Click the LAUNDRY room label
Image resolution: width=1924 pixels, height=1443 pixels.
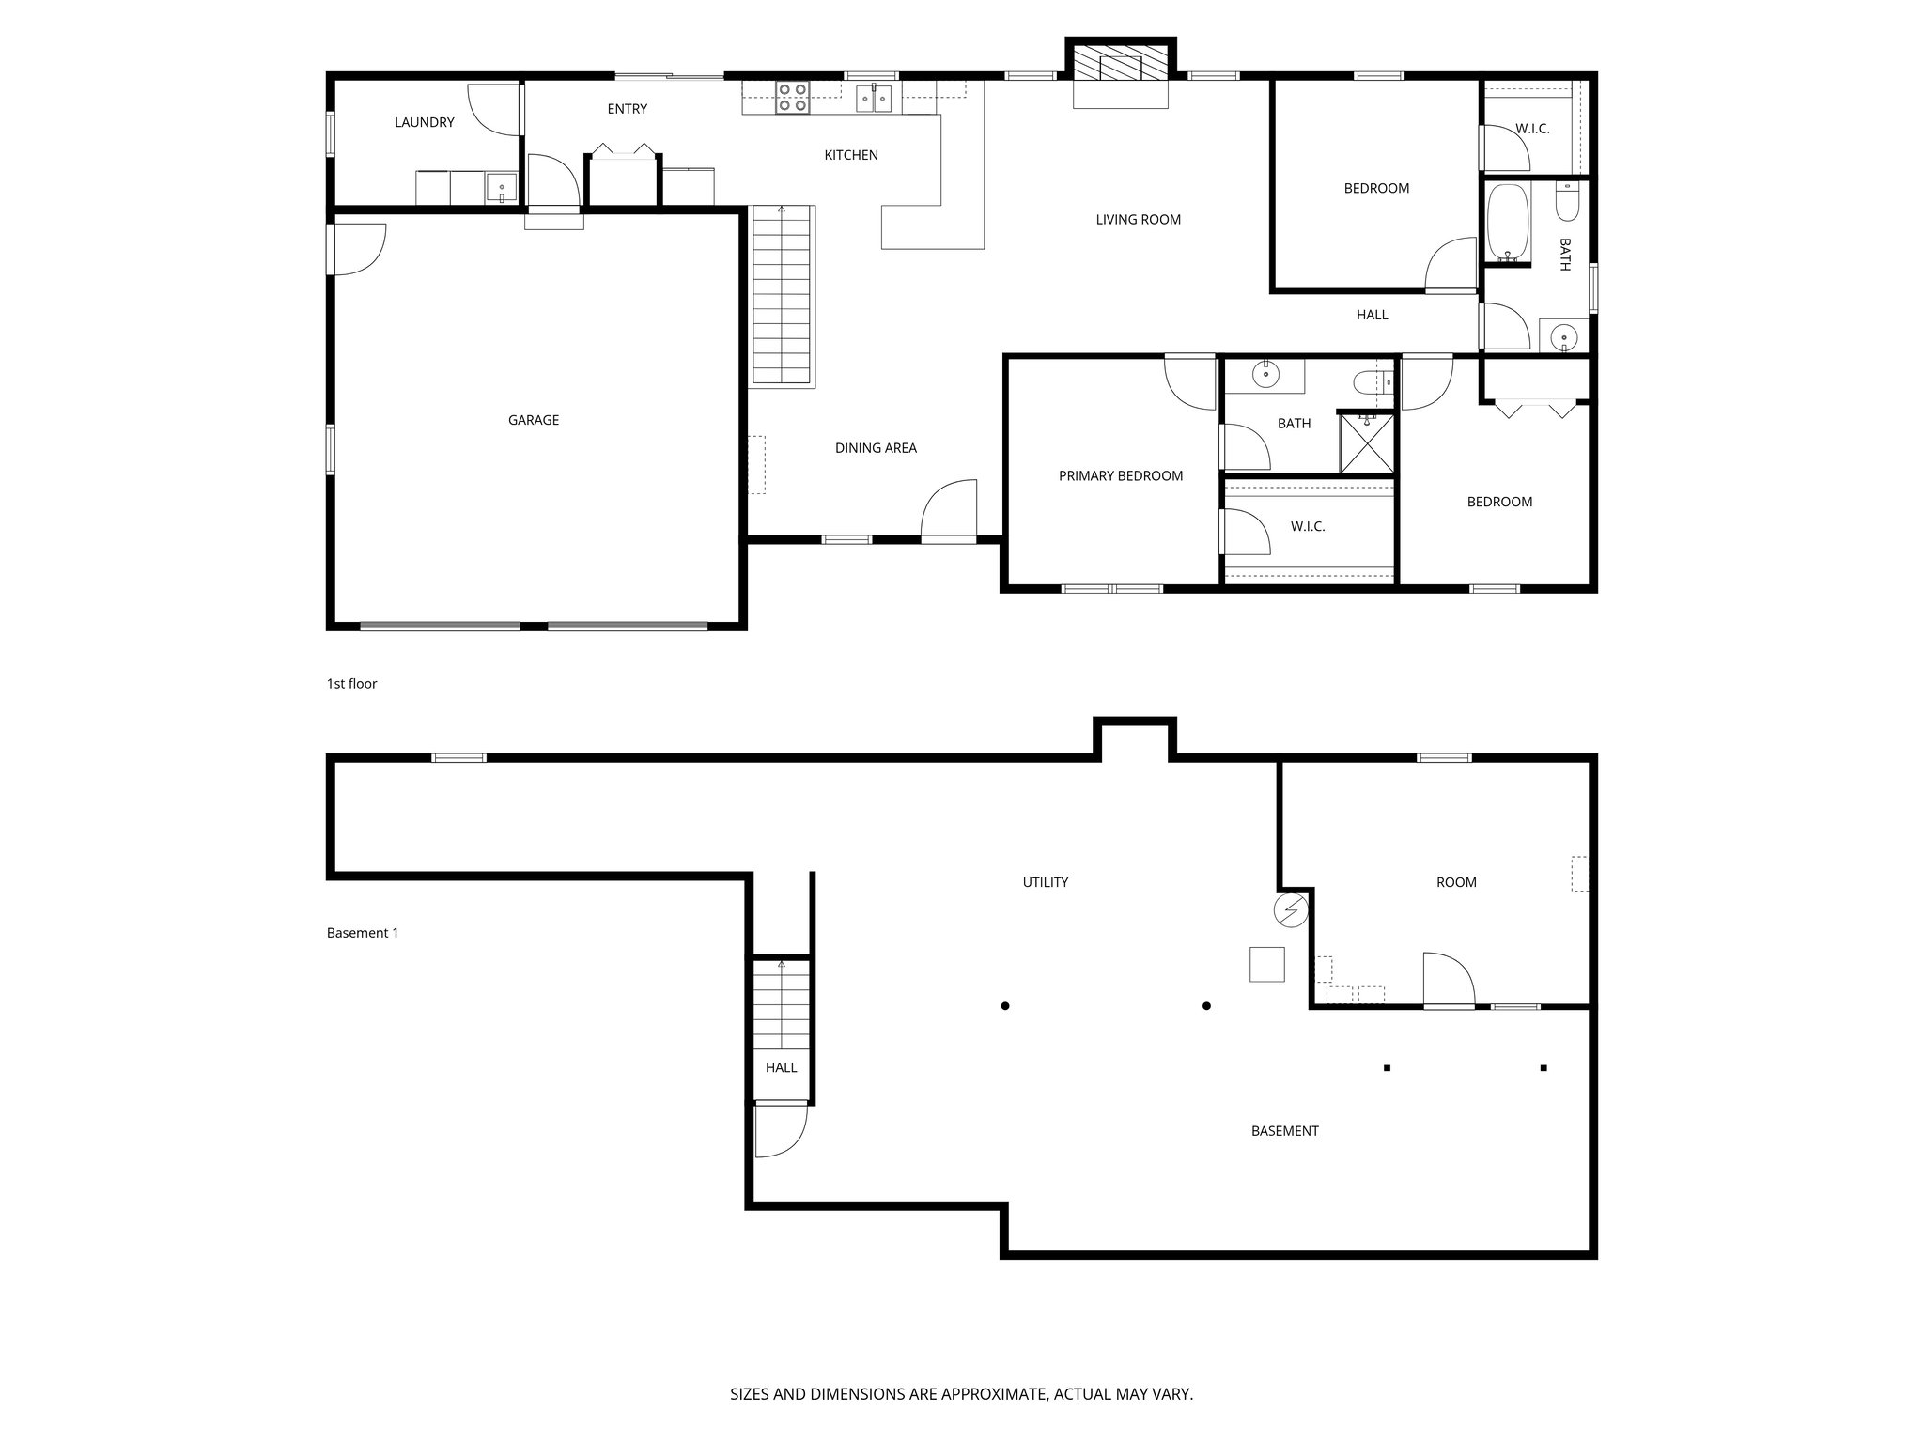click(424, 122)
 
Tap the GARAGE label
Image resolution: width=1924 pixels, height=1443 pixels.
click(533, 420)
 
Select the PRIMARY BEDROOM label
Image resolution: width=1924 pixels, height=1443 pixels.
click(1120, 475)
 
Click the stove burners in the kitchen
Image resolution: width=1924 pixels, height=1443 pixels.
click(792, 99)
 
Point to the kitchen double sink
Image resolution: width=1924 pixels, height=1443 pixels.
click(874, 98)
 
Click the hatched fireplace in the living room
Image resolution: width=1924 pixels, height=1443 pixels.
click(1121, 66)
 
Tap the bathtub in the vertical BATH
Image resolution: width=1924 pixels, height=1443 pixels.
click(1509, 224)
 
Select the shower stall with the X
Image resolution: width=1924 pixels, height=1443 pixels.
click(1367, 443)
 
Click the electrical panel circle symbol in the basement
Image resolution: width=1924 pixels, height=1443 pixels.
click(1290, 910)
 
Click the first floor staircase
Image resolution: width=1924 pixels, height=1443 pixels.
click(782, 296)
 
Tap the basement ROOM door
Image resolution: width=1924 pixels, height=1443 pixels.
click(1448, 982)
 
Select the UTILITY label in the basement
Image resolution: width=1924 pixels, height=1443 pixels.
click(1045, 882)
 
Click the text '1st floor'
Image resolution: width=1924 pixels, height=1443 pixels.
click(351, 684)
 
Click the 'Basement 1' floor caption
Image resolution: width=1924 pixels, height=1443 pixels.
click(363, 933)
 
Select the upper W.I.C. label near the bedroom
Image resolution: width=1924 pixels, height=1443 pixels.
click(1531, 129)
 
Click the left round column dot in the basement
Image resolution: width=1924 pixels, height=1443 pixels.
click(1005, 1006)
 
